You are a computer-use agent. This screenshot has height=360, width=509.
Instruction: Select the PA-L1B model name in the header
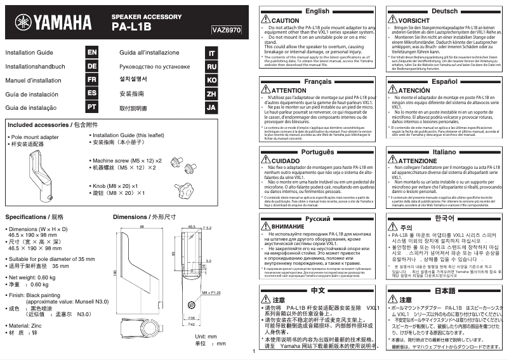tap(132, 27)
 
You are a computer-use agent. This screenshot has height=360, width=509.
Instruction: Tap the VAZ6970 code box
tap(227, 29)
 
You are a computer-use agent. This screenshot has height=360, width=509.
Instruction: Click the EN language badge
tap(92, 53)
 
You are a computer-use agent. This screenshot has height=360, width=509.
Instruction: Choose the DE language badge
tap(92, 67)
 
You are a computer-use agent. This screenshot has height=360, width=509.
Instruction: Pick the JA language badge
tap(212, 108)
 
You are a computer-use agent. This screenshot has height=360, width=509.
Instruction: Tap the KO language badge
tap(212, 81)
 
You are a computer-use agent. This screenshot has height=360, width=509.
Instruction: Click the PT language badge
tap(92, 108)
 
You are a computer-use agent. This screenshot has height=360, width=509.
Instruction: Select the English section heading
tap(317, 11)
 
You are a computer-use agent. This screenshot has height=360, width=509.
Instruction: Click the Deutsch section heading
tap(444, 11)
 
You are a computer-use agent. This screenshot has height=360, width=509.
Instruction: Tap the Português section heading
tap(317, 152)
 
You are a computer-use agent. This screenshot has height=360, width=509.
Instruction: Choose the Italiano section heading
tap(444, 152)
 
